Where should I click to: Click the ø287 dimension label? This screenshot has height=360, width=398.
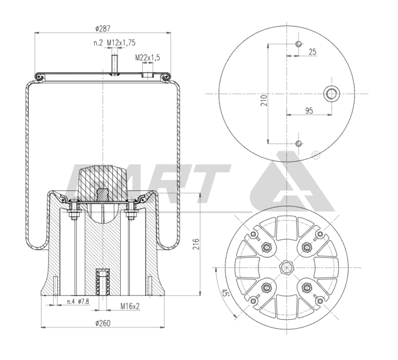[x=103, y=29]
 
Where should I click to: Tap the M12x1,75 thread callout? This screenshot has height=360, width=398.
[x=121, y=42]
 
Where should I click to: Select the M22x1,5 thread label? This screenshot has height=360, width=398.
[x=147, y=58]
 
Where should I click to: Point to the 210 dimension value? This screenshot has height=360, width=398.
[x=264, y=100]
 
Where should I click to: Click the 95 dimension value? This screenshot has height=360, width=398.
[x=309, y=110]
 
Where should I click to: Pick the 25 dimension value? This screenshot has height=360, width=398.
[x=312, y=52]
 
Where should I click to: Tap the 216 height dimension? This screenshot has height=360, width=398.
[x=196, y=244]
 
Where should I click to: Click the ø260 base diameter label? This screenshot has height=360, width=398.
[x=103, y=323]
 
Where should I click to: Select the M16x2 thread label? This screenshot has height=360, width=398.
[x=130, y=306]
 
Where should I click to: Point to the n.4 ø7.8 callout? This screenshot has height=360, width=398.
[x=78, y=302]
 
